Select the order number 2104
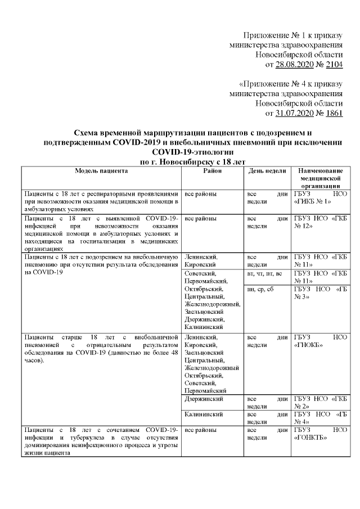tap(331, 65)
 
